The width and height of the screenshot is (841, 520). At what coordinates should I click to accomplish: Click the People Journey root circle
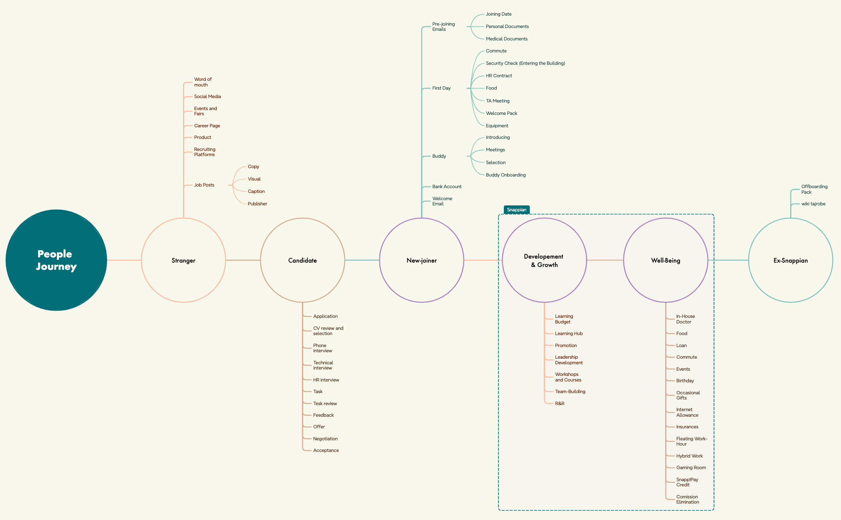(x=56, y=260)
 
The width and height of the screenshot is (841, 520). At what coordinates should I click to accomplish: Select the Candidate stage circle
(x=302, y=260)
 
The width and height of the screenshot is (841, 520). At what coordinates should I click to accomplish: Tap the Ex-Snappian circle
(x=791, y=260)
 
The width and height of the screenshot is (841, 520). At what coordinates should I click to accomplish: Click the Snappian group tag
(x=517, y=210)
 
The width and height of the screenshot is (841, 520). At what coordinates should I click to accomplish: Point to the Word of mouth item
(x=203, y=82)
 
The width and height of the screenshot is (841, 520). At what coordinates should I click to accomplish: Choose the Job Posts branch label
(x=204, y=185)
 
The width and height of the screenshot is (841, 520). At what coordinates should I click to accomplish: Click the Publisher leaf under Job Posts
(x=257, y=204)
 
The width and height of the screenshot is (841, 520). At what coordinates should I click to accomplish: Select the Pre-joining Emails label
(x=443, y=27)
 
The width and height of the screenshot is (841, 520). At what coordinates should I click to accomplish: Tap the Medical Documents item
(x=507, y=39)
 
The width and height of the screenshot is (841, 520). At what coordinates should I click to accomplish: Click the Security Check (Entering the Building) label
(x=525, y=63)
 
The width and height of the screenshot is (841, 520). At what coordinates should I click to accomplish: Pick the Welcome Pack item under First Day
(x=501, y=113)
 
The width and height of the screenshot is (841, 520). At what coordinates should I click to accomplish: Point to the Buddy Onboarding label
(x=506, y=175)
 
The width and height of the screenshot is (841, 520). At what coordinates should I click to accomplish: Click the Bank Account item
(x=447, y=187)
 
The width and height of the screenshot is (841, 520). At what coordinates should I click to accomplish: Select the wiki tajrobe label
(x=813, y=204)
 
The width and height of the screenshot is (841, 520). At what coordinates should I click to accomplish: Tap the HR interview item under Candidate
(x=326, y=380)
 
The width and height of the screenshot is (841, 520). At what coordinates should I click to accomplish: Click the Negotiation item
(x=325, y=439)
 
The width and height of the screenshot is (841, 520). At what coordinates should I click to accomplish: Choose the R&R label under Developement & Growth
(x=559, y=404)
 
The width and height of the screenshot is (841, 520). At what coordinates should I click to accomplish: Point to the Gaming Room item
(x=691, y=468)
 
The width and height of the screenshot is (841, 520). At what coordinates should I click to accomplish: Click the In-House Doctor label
(x=685, y=319)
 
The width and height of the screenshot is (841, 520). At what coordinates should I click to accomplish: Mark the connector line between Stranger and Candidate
(x=243, y=260)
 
